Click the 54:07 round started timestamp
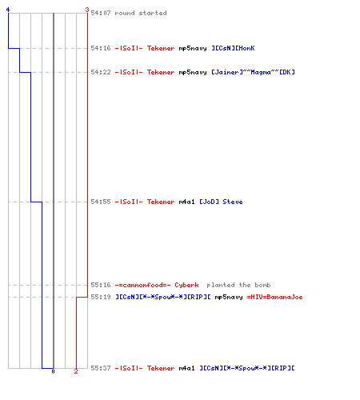[101, 13]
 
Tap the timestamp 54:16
[101, 48]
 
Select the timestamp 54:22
[101, 72]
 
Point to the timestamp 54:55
[101, 202]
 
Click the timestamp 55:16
[101, 285]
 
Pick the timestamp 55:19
[101, 297]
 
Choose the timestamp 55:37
[101, 368]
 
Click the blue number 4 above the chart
[8, 10]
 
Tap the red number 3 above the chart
[87, 10]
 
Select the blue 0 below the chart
[53, 371]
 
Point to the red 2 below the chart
[76, 371]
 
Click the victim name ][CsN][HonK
[233, 48]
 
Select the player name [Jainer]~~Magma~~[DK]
[253, 72]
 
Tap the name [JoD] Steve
[221, 202]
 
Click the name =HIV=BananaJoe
[274, 297]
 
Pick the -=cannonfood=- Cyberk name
[157, 285]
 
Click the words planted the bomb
[238, 285]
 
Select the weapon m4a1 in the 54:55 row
[186, 202]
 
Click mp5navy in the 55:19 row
[229, 297]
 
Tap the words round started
[141, 13]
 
